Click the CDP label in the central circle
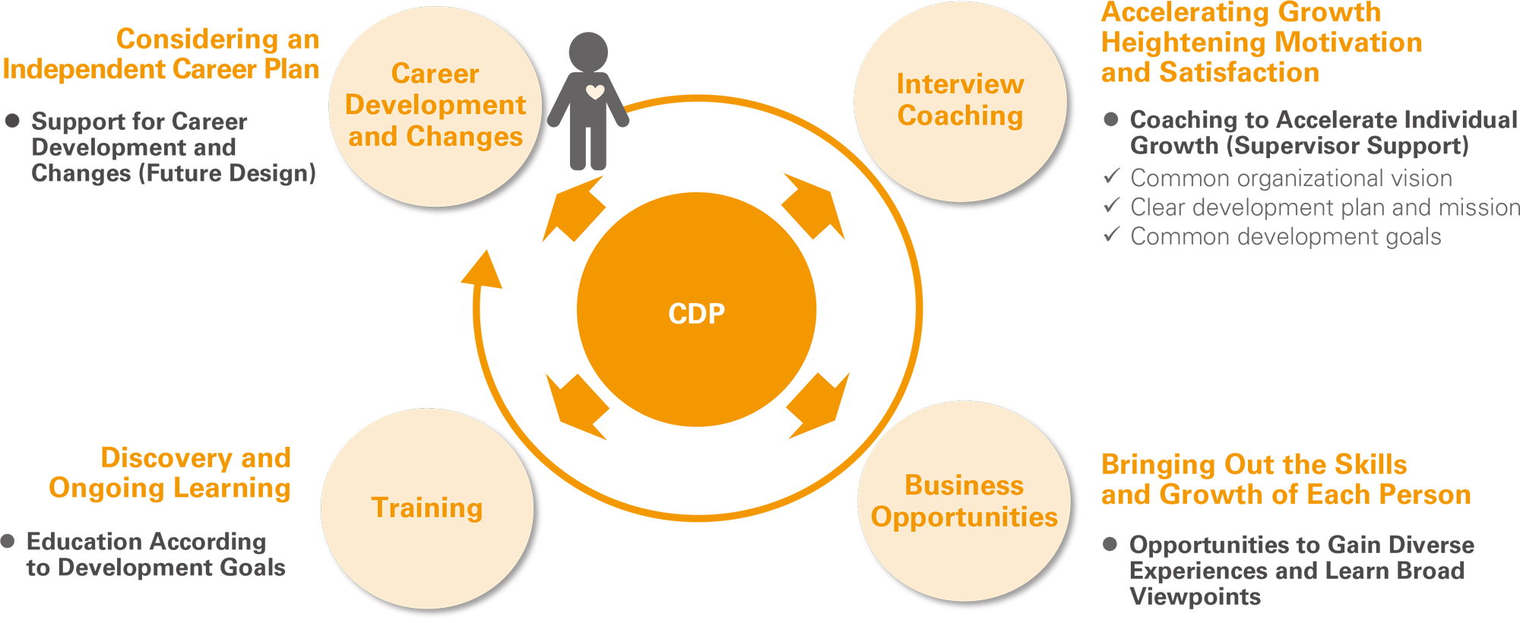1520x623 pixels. (696, 313)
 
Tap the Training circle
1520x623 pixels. (427, 508)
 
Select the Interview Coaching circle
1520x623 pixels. (960, 101)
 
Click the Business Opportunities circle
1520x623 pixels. (964, 501)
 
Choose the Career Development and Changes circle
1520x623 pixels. (435, 106)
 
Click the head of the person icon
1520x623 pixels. (588, 52)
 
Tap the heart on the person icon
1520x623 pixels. (595, 93)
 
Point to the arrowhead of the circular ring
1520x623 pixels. (483, 269)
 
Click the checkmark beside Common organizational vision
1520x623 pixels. (1112, 176)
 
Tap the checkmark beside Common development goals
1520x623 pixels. (1112, 235)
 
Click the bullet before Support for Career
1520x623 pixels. (12, 121)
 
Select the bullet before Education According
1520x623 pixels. (8, 541)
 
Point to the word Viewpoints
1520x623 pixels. (1195, 597)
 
